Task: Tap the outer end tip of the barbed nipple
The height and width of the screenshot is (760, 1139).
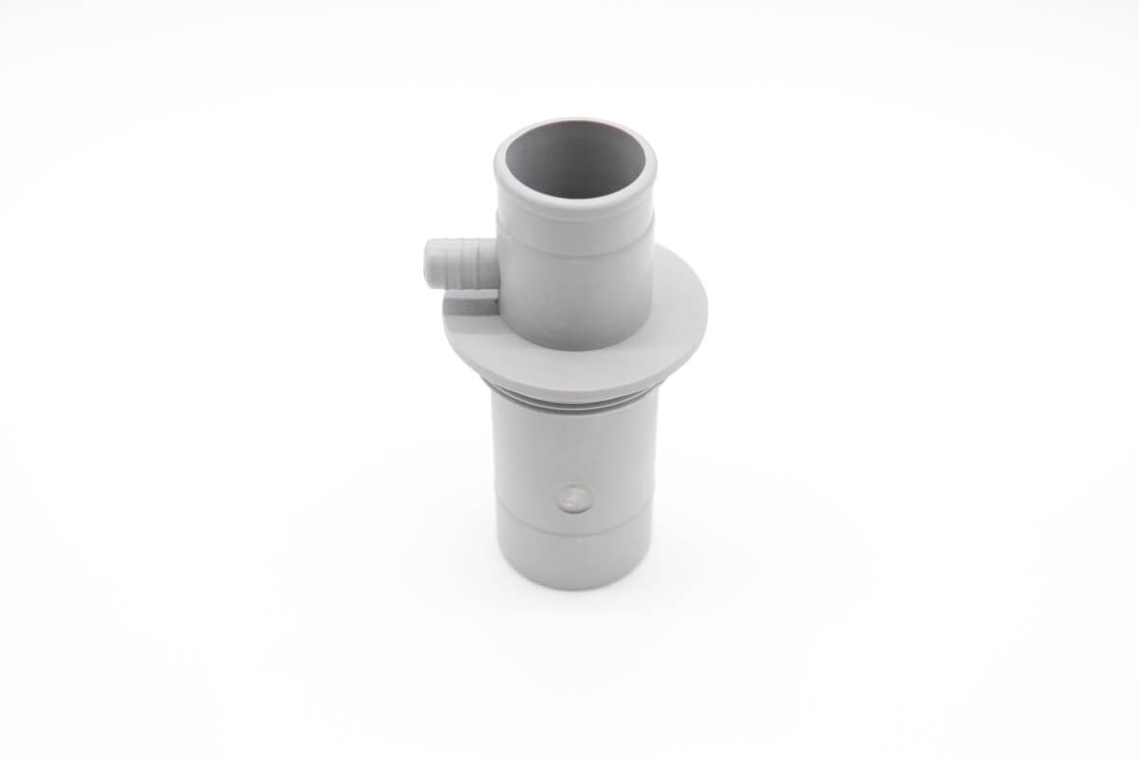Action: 428,264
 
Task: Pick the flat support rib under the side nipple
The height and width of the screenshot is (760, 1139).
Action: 471,303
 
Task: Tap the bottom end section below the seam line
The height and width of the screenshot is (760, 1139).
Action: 575,560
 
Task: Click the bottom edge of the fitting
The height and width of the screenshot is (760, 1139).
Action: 575,587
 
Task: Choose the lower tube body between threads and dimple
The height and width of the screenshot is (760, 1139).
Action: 575,446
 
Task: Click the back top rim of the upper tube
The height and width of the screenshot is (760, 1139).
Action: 575,123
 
